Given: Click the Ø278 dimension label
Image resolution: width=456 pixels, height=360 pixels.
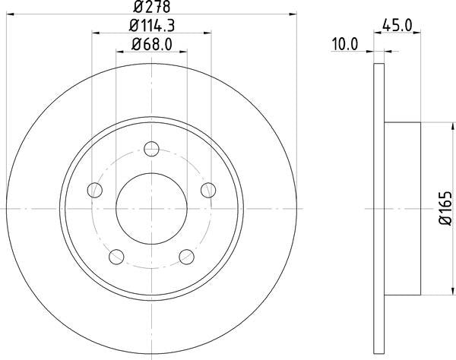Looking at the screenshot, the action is click(151, 7).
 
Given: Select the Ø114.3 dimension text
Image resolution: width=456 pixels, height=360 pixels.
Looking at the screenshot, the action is click(152, 26).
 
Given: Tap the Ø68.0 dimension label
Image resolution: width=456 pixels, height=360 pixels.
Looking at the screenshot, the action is click(152, 45).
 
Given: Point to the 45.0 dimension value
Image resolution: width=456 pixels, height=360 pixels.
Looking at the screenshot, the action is click(397, 25).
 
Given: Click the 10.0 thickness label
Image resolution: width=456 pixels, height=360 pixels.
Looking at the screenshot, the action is click(345, 45).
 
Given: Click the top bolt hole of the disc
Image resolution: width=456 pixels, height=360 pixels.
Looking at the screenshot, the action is click(151, 149).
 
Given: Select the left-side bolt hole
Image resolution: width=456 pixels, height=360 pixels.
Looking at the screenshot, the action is click(95, 191).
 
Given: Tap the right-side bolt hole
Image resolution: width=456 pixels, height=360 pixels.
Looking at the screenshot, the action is click(208, 191).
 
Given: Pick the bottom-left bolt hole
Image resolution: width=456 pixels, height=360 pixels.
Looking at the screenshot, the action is click(116, 257).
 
